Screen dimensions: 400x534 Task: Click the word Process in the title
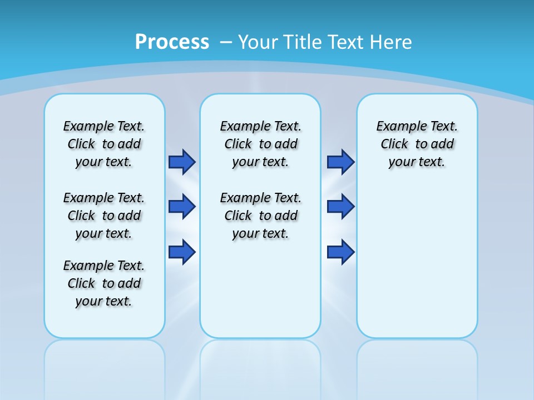[x=172, y=42]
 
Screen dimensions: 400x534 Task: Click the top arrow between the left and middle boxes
[x=182, y=162]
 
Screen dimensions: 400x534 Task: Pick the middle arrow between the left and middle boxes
[x=182, y=207]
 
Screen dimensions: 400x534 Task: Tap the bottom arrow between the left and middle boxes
[x=182, y=252]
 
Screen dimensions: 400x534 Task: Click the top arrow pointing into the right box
[x=340, y=162]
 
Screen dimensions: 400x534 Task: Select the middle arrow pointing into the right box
[x=340, y=207]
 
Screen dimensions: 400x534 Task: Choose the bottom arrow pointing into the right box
[x=340, y=252]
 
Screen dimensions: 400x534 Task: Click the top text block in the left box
[x=104, y=144]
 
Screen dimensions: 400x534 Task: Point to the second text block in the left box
[x=104, y=216]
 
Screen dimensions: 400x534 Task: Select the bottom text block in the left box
[x=104, y=283]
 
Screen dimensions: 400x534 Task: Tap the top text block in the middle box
[x=260, y=144]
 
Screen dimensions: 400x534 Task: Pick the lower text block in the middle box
[x=260, y=216]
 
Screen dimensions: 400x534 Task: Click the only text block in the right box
[x=417, y=144]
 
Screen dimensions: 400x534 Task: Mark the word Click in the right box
[x=394, y=144]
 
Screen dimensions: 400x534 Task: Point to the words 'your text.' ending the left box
[x=104, y=301]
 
